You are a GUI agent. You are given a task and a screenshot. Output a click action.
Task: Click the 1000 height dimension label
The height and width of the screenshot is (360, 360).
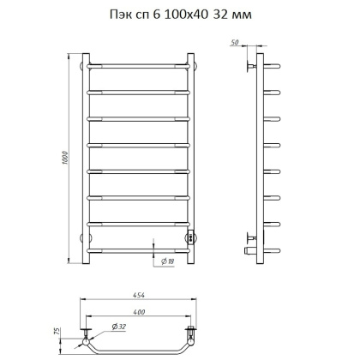pos(64,158)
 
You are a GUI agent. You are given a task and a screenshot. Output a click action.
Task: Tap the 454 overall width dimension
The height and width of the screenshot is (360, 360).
pos(138,295)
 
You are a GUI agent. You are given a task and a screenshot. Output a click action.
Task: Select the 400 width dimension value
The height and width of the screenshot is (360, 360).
pos(139,312)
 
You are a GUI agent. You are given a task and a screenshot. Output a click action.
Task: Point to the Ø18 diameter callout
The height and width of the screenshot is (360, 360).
pos(168,261)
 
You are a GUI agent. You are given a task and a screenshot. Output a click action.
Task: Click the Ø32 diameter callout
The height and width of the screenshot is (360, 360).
pos(119,327)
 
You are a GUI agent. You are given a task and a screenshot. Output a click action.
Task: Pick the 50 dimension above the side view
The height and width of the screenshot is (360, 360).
pos(234,42)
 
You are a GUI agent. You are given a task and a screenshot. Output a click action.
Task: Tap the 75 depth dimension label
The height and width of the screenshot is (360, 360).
pos(57,331)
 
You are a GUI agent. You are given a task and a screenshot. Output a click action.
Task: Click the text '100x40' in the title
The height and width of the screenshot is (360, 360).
pos(185,15)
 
